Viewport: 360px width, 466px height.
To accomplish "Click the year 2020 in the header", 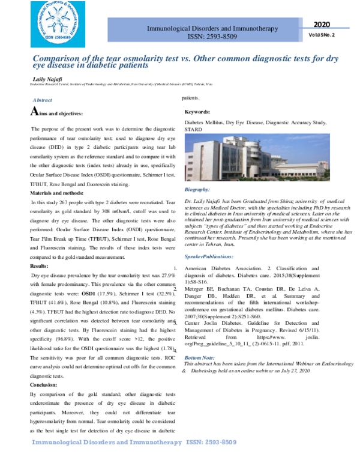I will [x=322, y=24].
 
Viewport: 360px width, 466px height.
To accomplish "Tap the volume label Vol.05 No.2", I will [x=322, y=35].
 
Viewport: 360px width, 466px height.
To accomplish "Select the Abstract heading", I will [x=42, y=100].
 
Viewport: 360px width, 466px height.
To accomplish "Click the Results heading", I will [x=39, y=265].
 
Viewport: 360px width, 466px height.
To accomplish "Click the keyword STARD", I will [x=193, y=130].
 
